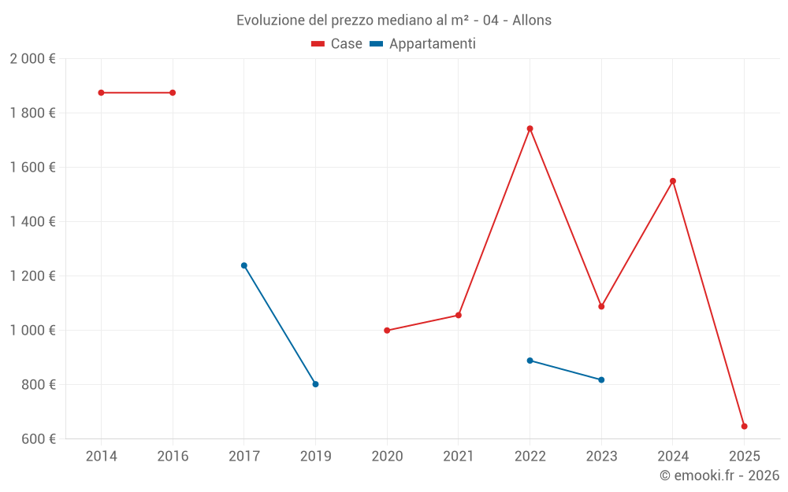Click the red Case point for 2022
click(530, 128)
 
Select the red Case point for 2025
click(744, 426)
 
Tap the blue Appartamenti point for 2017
click(244, 265)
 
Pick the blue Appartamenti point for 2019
click(315, 384)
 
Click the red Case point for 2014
click(101, 93)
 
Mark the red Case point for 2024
click(673, 181)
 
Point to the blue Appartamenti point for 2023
click(601, 379)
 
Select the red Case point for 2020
click(387, 331)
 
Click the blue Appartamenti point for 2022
click(530, 361)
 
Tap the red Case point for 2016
click(173, 93)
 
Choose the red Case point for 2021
click(459, 315)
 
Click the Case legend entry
click(337, 44)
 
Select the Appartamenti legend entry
click(423, 44)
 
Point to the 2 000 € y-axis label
click(32, 59)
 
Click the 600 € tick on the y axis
click(38, 439)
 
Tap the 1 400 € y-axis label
click(32, 222)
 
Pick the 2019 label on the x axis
click(315, 456)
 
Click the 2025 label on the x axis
click(744, 456)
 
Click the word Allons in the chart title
click(532, 20)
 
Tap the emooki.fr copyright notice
click(719, 475)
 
